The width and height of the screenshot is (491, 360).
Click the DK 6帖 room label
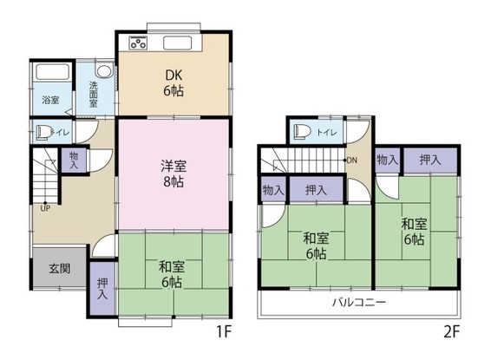pyautogui.click(x=175, y=81)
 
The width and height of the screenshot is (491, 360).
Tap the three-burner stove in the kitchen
pyautogui.click(x=139, y=43)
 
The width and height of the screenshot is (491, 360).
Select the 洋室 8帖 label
pyautogui.click(x=171, y=173)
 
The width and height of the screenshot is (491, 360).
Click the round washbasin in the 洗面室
pyautogui.click(x=103, y=73)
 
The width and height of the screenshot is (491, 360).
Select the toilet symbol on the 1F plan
pyautogui.click(x=43, y=133)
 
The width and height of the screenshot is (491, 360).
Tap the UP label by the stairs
pyautogui.click(x=43, y=206)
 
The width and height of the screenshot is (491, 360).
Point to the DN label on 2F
pyautogui.click(x=351, y=160)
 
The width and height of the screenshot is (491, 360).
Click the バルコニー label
pyautogui.click(x=357, y=303)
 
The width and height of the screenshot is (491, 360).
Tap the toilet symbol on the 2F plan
pyautogui.click(x=301, y=132)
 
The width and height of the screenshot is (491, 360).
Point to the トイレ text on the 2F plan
pyautogui.click(x=327, y=133)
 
